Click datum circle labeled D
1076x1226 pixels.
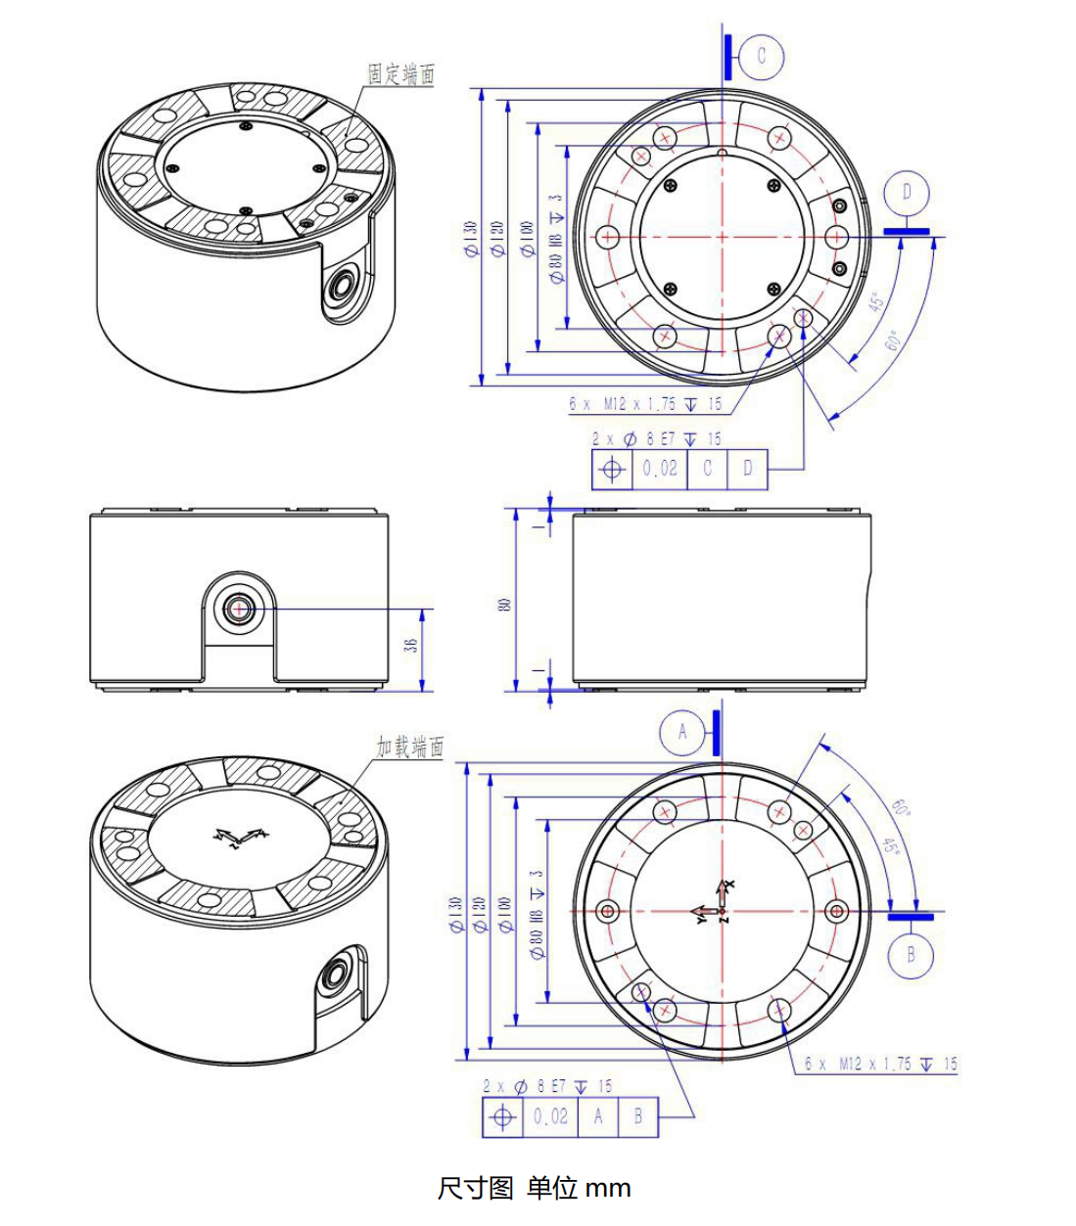[x=907, y=193]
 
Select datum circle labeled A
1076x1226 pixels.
[x=682, y=732]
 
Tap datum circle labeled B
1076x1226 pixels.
[x=912, y=954]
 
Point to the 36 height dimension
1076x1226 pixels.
[x=412, y=645]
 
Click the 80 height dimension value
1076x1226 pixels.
[x=505, y=605]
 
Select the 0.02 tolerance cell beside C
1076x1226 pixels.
[x=660, y=469]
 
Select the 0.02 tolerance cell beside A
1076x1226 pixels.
[x=550, y=1116]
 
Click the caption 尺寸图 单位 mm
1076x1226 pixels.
[x=534, y=1188]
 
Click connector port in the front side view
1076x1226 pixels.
[x=239, y=610]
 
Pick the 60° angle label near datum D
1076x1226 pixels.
[x=893, y=341]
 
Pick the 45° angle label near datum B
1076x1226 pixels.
[x=889, y=843]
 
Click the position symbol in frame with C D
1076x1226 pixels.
[x=612, y=469]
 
